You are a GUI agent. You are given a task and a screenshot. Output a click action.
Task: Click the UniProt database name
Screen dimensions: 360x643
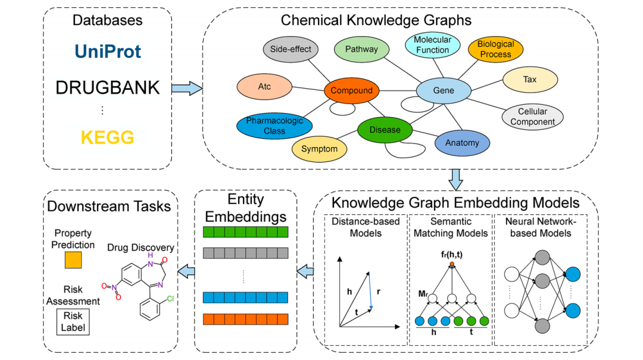click(108, 51)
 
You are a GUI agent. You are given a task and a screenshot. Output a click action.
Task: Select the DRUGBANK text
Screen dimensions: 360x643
click(108, 88)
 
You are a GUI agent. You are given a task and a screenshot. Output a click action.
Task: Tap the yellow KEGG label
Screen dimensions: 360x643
click(108, 137)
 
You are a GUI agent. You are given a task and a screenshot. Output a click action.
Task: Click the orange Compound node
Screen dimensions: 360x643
click(351, 91)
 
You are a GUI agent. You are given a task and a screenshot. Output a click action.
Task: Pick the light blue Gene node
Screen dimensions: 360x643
click(443, 91)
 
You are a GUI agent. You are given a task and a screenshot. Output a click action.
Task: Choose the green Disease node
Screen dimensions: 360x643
click(385, 130)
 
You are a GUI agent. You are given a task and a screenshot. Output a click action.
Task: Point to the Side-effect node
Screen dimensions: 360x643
click(291, 49)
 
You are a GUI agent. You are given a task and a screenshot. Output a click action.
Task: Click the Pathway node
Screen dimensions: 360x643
click(361, 49)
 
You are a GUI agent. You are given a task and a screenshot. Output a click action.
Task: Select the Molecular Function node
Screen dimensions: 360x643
click(433, 45)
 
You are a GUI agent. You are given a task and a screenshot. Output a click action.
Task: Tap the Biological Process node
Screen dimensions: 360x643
click(495, 49)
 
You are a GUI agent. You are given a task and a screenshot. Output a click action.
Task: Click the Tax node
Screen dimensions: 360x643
click(529, 79)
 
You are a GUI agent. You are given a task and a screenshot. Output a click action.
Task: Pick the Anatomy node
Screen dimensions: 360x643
click(462, 143)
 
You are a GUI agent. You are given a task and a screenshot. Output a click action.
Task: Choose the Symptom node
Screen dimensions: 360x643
click(319, 149)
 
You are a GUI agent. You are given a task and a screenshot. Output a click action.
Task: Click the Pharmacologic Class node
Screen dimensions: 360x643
click(274, 125)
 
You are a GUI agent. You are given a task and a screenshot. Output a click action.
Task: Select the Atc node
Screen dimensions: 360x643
click(264, 87)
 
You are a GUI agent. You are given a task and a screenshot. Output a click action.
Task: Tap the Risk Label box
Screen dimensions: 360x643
click(74, 321)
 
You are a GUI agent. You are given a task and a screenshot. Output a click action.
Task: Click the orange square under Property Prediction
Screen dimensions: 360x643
click(73, 260)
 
